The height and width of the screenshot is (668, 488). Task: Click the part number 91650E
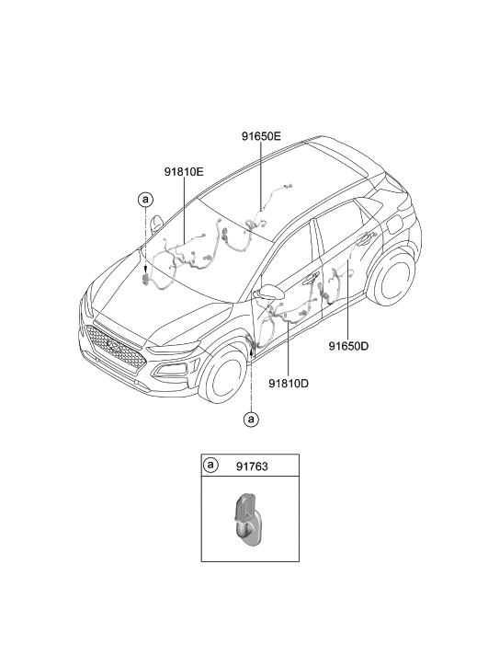pyautogui.click(x=261, y=136)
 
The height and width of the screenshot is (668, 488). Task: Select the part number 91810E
pyautogui.click(x=184, y=172)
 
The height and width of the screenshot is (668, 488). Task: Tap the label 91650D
pyautogui.click(x=348, y=346)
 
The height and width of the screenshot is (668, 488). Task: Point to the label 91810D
pyautogui.click(x=289, y=384)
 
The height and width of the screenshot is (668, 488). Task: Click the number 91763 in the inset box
pyautogui.click(x=252, y=466)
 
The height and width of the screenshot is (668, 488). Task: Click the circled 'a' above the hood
pyautogui.click(x=145, y=199)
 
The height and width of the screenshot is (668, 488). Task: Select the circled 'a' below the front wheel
pyautogui.click(x=251, y=420)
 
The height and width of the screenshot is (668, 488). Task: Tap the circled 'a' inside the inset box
pyautogui.click(x=210, y=465)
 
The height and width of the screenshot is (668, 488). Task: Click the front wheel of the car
pyautogui.click(x=224, y=375)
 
